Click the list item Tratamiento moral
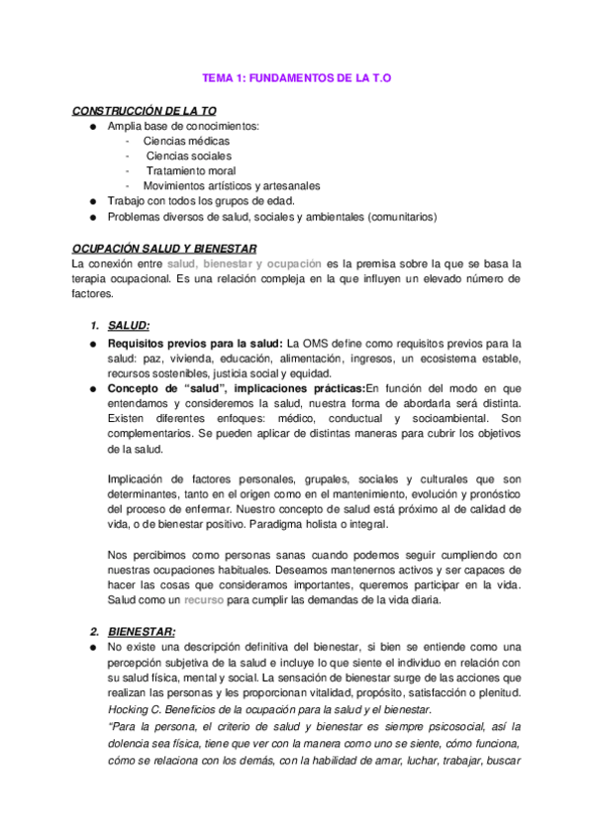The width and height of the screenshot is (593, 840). [190, 170]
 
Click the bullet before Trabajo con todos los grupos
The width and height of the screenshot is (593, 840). [92, 200]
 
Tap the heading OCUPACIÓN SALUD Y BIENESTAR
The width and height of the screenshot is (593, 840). [165, 249]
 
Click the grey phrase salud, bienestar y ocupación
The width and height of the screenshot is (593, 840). [244, 263]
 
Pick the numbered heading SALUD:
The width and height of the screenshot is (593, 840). [129, 325]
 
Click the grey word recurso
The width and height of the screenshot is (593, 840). [203, 600]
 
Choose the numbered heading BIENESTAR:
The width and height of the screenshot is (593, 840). [142, 631]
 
